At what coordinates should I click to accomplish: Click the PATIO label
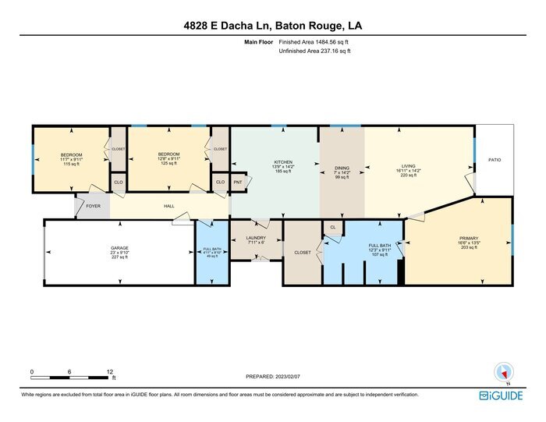pos(495,159)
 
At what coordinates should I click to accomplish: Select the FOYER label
pos(93,207)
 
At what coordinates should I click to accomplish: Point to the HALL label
pos(168,207)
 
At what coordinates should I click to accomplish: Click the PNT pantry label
pos(238,183)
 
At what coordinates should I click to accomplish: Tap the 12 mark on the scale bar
pos(110,372)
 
